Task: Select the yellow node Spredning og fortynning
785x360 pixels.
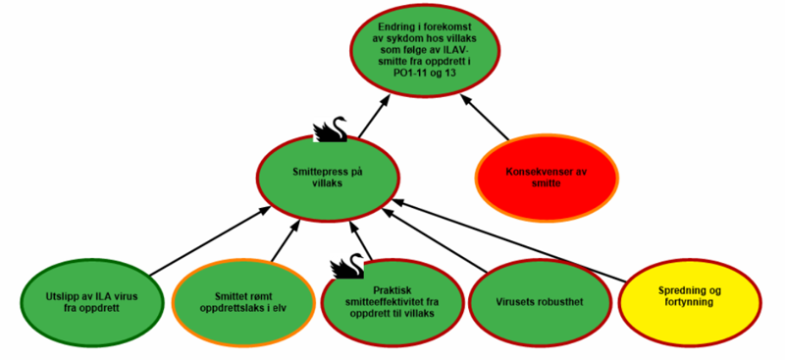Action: point(691,295)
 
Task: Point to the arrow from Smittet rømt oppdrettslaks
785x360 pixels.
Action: point(285,241)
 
